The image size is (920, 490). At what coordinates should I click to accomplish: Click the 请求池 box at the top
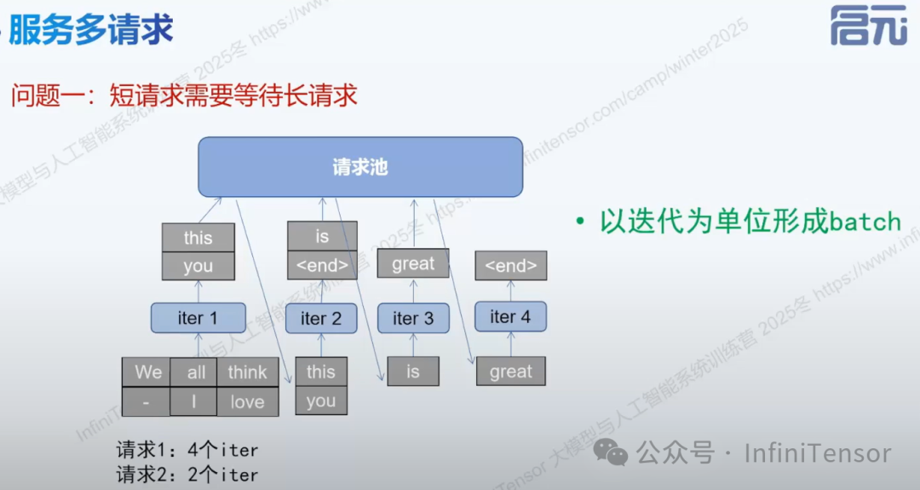359,167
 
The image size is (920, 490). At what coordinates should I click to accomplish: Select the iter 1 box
198,318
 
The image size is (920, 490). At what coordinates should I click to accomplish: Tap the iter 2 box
320,319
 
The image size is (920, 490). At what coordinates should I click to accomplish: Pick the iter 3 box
413,318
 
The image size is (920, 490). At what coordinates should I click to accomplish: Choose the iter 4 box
510,316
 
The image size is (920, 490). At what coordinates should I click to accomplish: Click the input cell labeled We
147,372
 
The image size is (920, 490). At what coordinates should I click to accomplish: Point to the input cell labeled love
247,402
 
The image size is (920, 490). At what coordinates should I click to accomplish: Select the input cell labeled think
247,372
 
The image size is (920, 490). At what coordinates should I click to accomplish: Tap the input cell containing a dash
147,402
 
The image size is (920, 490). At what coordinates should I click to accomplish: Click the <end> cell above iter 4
510,266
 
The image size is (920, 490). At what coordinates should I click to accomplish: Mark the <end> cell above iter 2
321,266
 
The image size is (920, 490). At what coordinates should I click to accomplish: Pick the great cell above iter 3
413,264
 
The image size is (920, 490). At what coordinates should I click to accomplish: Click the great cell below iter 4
510,372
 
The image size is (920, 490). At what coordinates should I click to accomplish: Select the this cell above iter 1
198,238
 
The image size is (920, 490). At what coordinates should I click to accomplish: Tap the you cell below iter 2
321,401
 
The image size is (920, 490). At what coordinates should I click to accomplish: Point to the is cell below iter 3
413,372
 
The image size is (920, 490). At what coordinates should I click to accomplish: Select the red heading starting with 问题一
183,95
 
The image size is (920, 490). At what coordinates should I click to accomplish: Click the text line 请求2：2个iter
187,475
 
